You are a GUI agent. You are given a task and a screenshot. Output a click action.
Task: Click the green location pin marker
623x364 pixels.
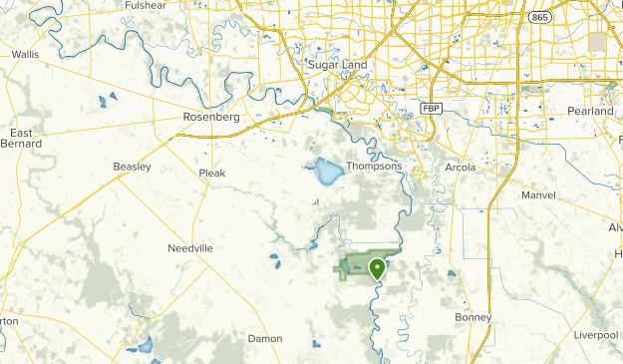coord(377,268)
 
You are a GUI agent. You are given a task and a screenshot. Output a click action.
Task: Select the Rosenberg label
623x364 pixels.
coord(213,117)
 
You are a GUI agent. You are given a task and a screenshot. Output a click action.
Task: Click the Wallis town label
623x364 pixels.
coord(25,55)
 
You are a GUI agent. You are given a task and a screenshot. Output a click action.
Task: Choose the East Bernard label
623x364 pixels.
coord(21,139)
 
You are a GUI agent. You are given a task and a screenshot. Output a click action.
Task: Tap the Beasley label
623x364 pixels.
coord(132,167)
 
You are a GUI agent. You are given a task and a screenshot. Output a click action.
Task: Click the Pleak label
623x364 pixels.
coord(212,173)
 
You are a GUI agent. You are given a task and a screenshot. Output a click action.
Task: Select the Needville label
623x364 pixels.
coord(190,247)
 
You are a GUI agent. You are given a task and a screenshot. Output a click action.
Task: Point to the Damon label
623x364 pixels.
coord(265,339)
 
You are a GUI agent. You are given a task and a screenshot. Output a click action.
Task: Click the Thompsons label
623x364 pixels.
coord(374,167)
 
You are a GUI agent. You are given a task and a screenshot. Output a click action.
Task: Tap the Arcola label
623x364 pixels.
coord(461,167)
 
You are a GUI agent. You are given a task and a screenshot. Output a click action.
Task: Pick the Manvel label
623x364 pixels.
coord(538,195)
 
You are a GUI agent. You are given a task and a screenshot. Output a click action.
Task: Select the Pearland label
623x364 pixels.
coord(590,111)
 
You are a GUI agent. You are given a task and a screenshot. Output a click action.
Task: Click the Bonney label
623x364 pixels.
coord(473,317)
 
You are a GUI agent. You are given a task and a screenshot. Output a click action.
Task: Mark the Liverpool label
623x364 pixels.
coord(596,335)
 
